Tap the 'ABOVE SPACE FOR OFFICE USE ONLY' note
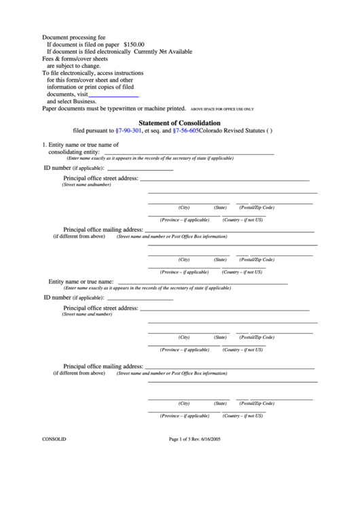pyautogui.click(x=222, y=109)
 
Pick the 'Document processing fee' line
pyautogui.click(x=74, y=37)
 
